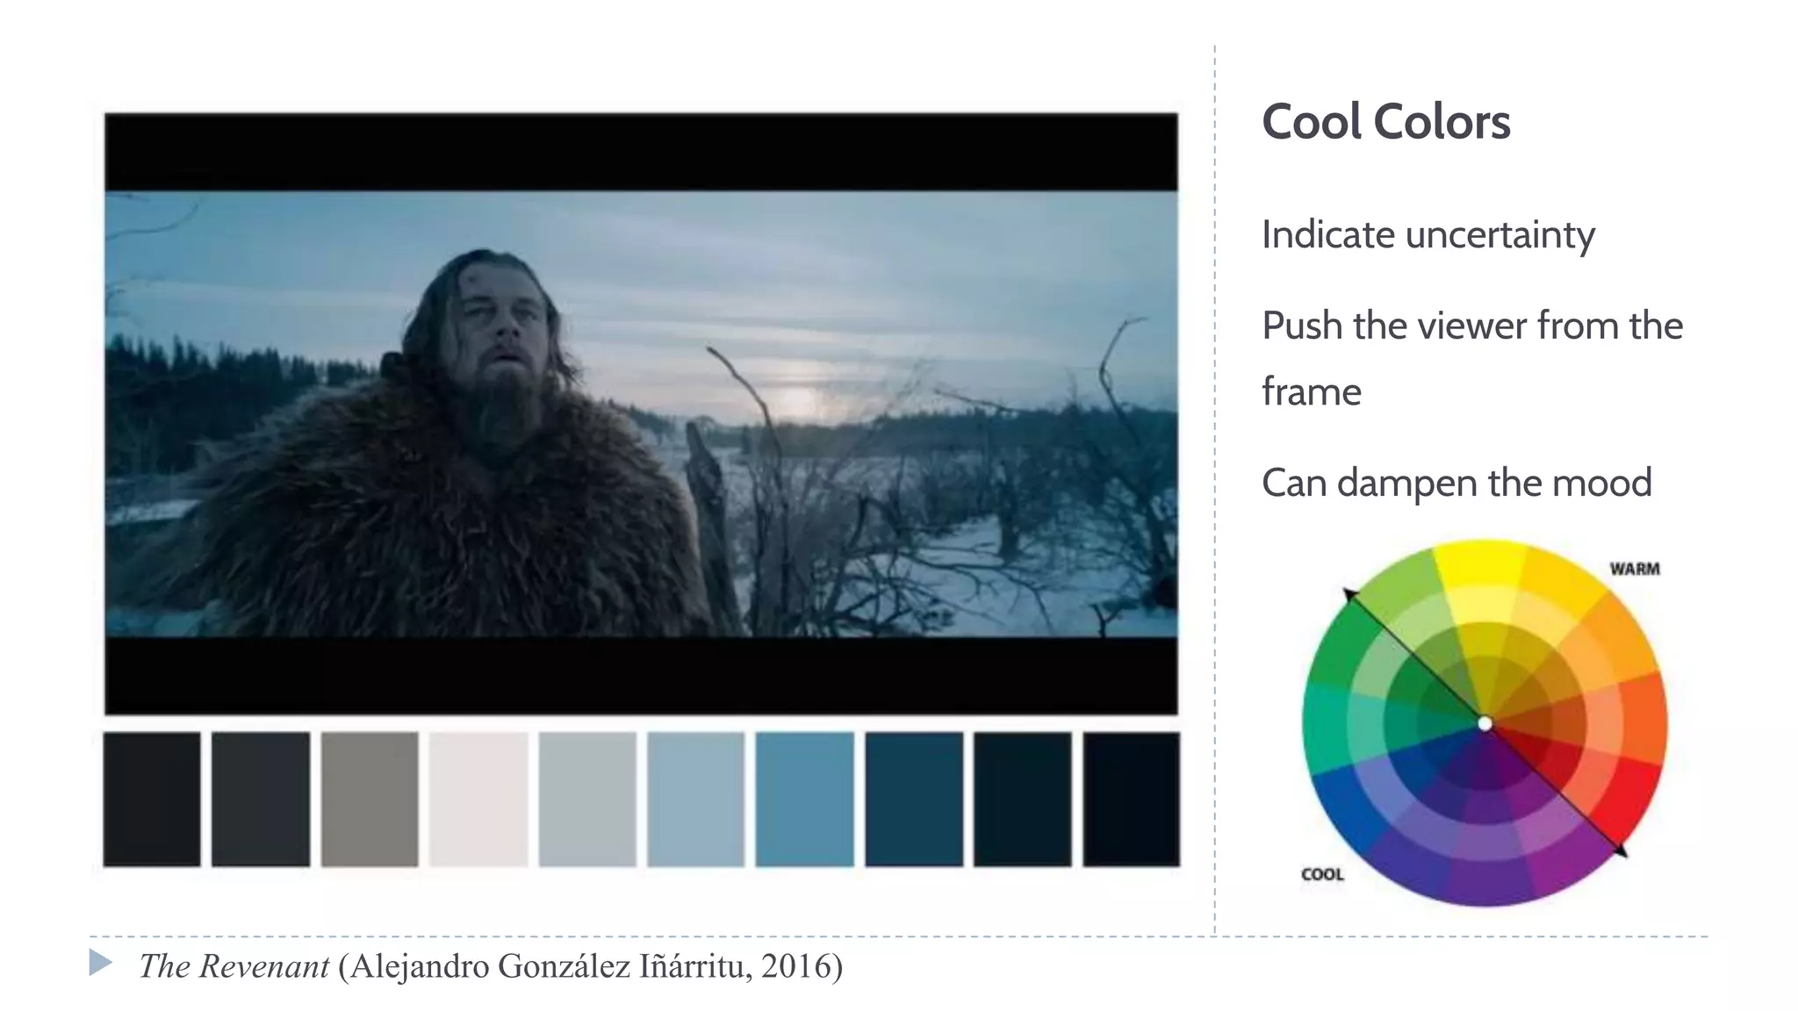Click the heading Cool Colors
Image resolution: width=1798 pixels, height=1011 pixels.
1385,121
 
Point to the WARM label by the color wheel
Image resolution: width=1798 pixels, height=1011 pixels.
1634,569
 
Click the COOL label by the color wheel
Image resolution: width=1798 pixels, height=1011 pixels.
1322,874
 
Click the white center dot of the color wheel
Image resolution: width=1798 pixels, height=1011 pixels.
1485,724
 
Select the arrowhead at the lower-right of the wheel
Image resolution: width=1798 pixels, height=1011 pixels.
1620,850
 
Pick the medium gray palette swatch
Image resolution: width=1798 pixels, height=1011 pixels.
370,799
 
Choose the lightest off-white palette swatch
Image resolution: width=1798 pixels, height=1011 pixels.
478,799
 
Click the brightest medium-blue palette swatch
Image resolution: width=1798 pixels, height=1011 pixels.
804,799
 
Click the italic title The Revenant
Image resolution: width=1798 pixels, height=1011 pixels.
234,966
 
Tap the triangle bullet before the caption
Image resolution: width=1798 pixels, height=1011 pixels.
100,963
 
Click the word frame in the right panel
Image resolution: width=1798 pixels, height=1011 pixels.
1311,392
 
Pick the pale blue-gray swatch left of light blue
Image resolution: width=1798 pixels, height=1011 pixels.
587,799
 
